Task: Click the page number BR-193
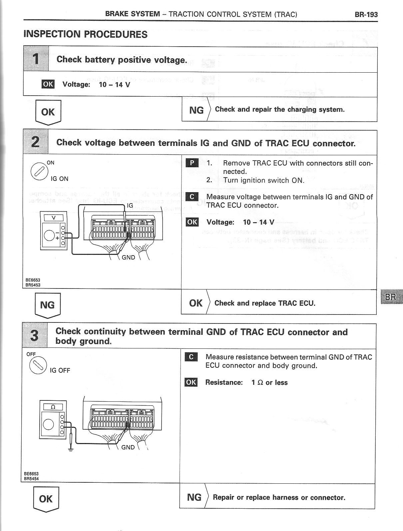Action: click(x=366, y=14)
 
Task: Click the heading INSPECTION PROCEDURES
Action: click(x=85, y=34)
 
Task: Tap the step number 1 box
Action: click(x=36, y=59)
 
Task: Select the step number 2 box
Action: click(x=36, y=142)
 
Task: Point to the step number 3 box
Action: click(x=35, y=335)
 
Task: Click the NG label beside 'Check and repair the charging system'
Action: click(x=196, y=110)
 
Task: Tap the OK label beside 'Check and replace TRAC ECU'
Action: click(x=196, y=303)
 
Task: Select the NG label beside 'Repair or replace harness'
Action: click(x=194, y=497)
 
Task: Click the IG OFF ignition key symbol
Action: click(x=37, y=366)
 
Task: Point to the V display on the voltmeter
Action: click(x=53, y=218)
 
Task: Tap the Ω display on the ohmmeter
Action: click(x=52, y=407)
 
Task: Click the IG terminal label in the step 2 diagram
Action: click(x=130, y=206)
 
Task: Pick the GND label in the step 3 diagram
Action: click(x=128, y=447)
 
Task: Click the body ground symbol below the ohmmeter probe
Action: click(x=70, y=450)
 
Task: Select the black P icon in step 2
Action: click(x=192, y=163)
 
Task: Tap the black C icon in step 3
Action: click(x=191, y=357)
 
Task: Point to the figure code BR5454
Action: click(x=31, y=479)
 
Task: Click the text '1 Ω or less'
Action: click(x=269, y=382)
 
